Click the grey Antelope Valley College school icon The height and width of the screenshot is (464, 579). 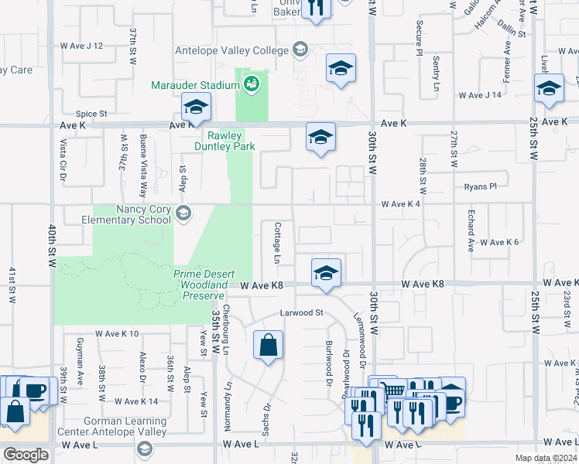coord(299,51)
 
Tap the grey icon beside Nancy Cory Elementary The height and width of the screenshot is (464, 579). coord(183,213)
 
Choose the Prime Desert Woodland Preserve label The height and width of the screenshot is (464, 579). coord(200,285)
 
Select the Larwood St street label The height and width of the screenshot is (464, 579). coord(301,313)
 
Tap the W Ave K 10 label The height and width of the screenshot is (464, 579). coord(117,334)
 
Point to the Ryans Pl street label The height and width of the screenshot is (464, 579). coord(480,186)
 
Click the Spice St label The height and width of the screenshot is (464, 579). coord(91,114)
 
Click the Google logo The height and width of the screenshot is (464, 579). coord(26,455)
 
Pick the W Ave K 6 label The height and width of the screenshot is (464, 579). coord(498,242)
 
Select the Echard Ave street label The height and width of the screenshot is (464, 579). coord(470,230)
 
